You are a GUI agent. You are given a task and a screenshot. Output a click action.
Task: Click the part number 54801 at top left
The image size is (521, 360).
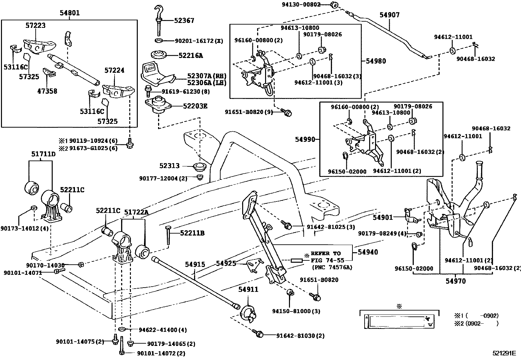[x=69, y=13]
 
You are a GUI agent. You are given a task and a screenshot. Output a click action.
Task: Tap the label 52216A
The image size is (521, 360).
[x=190, y=56]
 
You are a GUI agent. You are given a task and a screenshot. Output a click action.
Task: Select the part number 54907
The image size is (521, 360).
[x=389, y=15]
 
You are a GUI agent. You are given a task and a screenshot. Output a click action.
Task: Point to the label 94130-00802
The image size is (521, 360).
[x=301, y=4]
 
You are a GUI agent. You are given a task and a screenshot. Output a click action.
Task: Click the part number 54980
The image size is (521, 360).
[x=376, y=61]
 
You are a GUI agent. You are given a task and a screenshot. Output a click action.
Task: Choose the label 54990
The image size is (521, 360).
[x=305, y=139]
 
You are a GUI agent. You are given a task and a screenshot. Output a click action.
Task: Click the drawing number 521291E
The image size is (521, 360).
[x=504, y=353]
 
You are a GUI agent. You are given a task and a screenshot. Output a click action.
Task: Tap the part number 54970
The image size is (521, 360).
[x=455, y=281]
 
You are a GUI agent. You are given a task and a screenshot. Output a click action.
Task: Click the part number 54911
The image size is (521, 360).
[x=248, y=290]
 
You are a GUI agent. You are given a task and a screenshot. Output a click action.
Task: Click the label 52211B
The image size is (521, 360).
[x=192, y=233]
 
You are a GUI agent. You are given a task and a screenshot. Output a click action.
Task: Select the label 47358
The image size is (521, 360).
[x=47, y=91]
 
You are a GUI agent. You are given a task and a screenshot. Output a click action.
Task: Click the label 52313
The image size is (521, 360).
[x=170, y=166]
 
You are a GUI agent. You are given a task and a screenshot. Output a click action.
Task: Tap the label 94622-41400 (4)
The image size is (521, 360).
[x=158, y=330]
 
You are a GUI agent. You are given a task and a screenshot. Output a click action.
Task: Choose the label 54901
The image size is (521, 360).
[x=383, y=217]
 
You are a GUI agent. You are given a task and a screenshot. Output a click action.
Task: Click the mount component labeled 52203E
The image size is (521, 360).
[x=159, y=105]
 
